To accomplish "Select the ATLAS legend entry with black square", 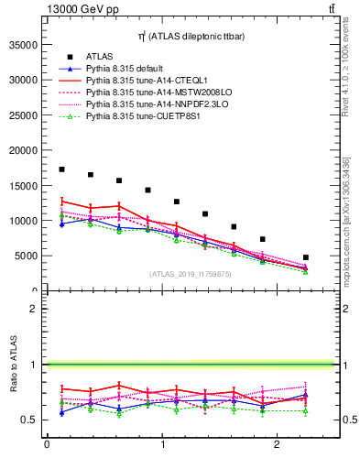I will [100, 57].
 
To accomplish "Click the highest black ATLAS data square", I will [61, 169].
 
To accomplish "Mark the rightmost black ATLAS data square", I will [305, 257].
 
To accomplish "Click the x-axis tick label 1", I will [162, 445].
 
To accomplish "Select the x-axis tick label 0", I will [47, 445].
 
